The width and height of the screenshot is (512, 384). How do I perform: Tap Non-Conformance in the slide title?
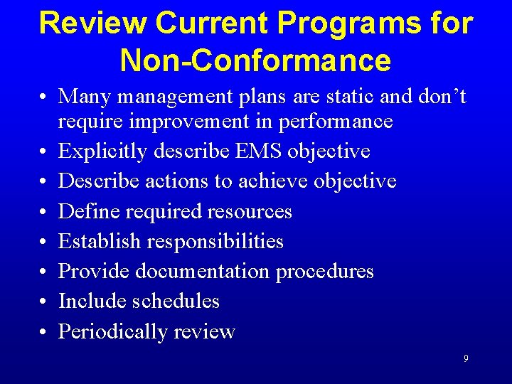(x=255, y=60)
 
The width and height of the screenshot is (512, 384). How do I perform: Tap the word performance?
(x=336, y=122)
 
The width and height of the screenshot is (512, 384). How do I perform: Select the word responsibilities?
(x=215, y=241)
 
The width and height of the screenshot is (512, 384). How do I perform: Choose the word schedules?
(x=176, y=301)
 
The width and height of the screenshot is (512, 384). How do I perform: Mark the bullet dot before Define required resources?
(x=44, y=212)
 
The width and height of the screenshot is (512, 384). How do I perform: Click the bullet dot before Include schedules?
(x=44, y=302)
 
